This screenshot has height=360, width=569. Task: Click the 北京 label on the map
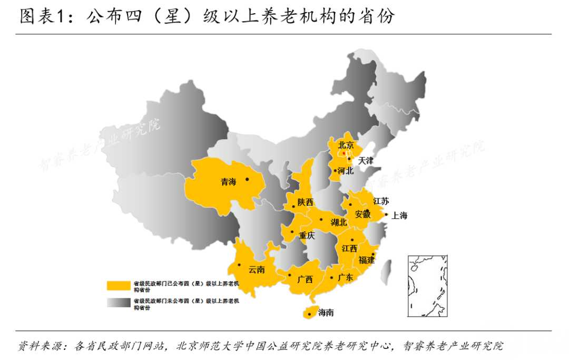click(346, 144)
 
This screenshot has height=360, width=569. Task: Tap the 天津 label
click(366, 160)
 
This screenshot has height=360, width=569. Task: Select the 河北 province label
click(346, 171)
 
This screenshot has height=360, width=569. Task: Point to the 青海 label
click(229, 182)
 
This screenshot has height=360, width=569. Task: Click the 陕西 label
click(305, 202)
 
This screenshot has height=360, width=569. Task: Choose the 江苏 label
click(381, 201)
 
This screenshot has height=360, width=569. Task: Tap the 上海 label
click(399, 215)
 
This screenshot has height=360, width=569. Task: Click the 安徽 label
click(362, 214)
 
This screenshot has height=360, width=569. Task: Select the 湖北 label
click(339, 222)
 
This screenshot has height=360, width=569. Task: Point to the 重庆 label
click(307, 236)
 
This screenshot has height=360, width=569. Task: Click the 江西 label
click(349, 248)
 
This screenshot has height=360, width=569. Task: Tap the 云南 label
click(257, 269)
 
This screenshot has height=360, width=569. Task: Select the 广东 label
click(346, 277)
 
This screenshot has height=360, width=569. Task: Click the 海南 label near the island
click(326, 313)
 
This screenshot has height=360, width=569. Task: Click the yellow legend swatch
click(119, 285)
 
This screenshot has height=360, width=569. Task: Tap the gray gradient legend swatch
click(119, 303)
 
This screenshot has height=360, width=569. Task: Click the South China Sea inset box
click(427, 286)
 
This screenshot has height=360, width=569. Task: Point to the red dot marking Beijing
click(344, 153)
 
